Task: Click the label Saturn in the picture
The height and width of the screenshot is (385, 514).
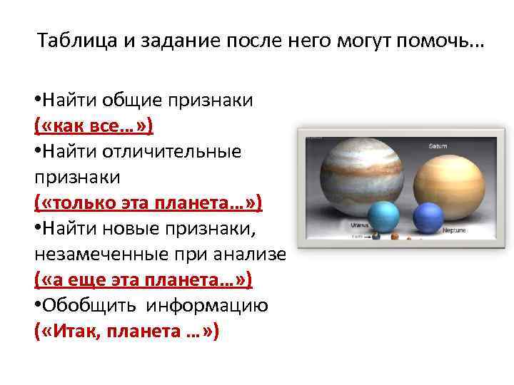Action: click(x=438, y=145)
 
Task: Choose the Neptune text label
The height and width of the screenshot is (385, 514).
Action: click(x=455, y=231)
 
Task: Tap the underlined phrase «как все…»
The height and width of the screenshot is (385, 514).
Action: click(x=94, y=126)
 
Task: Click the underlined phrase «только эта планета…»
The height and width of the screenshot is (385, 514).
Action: click(x=148, y=204)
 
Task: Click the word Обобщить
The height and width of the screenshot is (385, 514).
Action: click(x=90, y=307)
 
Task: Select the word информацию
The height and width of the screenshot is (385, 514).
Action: click(x=208, y=307)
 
